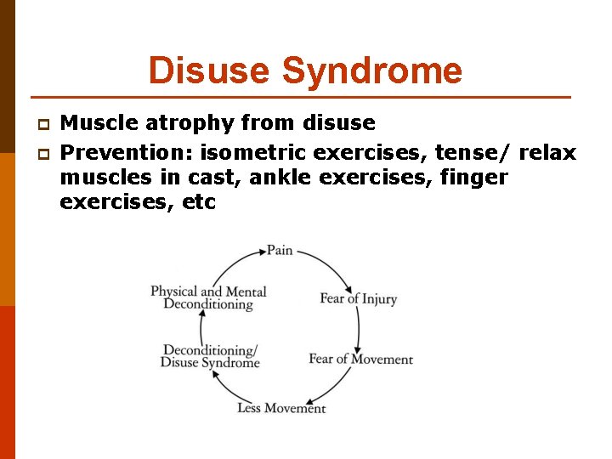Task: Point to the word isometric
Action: [263, 152]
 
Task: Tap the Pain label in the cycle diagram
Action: [280, 250]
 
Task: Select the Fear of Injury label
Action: [358, 298]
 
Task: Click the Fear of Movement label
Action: [360, 359]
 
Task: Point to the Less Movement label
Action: [281, 408]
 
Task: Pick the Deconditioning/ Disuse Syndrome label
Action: [210, 356]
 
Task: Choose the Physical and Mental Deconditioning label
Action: [208, 297]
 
